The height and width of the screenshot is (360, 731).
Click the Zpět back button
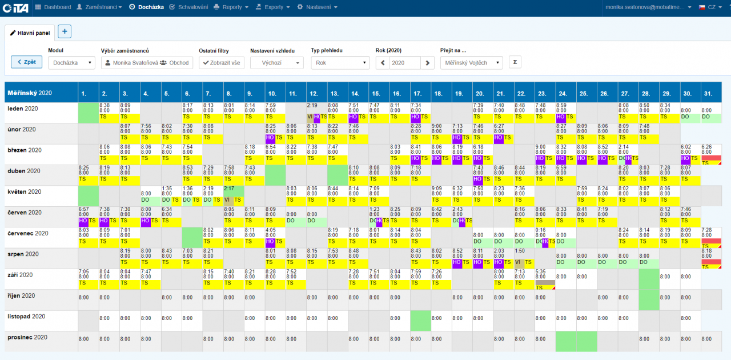[26, 62]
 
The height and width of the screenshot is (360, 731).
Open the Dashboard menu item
[54, 7]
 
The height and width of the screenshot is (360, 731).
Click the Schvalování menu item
[190, 7]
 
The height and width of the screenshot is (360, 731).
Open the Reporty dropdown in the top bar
[231, 7]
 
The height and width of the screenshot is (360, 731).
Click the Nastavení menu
[318, 7]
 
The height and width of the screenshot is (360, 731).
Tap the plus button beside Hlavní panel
[65, 32]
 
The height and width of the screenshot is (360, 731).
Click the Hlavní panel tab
[30, 33]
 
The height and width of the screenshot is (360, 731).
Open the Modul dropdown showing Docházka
[71, 63]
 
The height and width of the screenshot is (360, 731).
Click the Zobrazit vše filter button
[222, 63]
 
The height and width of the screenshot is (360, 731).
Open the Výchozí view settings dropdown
[276, 63]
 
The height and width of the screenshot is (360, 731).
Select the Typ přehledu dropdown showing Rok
[340, 63]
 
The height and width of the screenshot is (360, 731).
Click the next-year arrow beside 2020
[428, 63]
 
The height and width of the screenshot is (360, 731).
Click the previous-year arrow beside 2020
[383, 63]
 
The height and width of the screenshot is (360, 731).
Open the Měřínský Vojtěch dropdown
[471, 63]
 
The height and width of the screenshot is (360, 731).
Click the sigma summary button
[515, 62]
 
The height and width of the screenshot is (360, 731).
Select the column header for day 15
[376, 93]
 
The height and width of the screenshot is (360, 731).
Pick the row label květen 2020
[25, 192]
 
